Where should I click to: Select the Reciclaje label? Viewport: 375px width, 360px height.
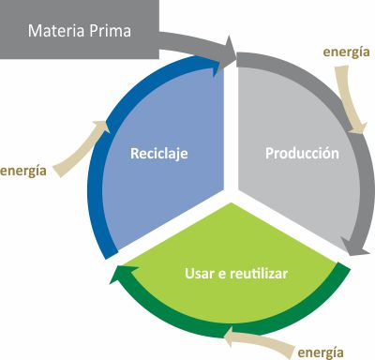pos(159,153)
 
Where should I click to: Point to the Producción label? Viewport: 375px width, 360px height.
pos(302,153)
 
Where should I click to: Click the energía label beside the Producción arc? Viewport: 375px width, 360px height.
pos(346,52)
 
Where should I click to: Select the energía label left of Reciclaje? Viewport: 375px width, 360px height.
pos(24,171)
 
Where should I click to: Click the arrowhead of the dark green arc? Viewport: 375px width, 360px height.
pos(117,276)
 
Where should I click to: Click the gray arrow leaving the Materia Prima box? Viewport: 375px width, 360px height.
pos(192,42)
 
